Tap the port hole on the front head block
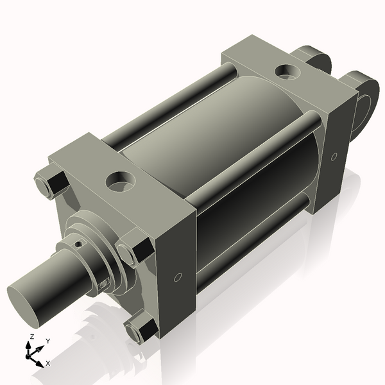pyautogui.click(x=119, y=179)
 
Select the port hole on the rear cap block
pyautogui.click(x=286, y=71)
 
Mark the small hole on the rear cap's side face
pyautogui.click(x=334, y=157)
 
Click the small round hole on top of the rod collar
pyautogui.click(x=78, y=244)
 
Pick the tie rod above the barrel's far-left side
pyautogui.click(x=160, y=109)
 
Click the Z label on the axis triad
pyautogui.click(x=32, y=337)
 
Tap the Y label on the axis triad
pyautogui.click(x=48, y=341)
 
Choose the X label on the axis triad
pyautogui.click(x=48, y=363)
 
